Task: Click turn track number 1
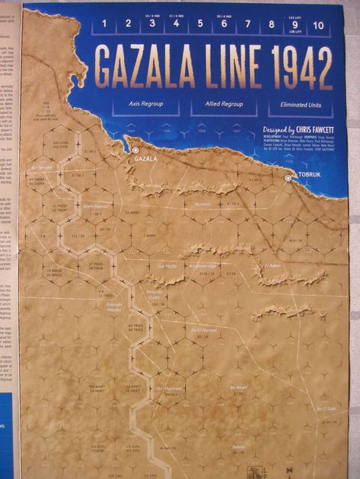(x=104, y=24)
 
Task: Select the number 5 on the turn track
(x=200, y=24)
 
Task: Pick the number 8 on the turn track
(x=271, y=24)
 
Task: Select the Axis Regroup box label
(x=145, y=101)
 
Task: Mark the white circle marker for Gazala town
(x=135, y=151)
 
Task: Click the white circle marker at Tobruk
(x=288, y=177)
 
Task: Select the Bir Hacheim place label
(x=170, y=388)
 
